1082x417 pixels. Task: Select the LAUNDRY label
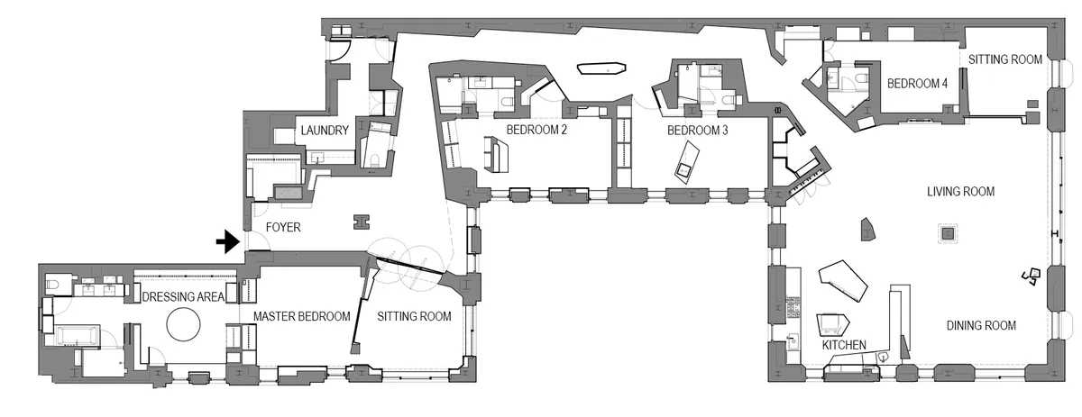[325, 131]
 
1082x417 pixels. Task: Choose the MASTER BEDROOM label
[301, 316]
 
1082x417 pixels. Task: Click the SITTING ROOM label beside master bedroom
[414, 316]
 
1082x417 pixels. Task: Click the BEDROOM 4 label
[917, 83]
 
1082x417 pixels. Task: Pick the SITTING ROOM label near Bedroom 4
[1005, 59]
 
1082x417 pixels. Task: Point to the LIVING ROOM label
[961, 192]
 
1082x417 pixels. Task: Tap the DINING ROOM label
[981, 325]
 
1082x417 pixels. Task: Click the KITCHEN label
[843, 345]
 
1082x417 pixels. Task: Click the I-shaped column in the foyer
[362, 221]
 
